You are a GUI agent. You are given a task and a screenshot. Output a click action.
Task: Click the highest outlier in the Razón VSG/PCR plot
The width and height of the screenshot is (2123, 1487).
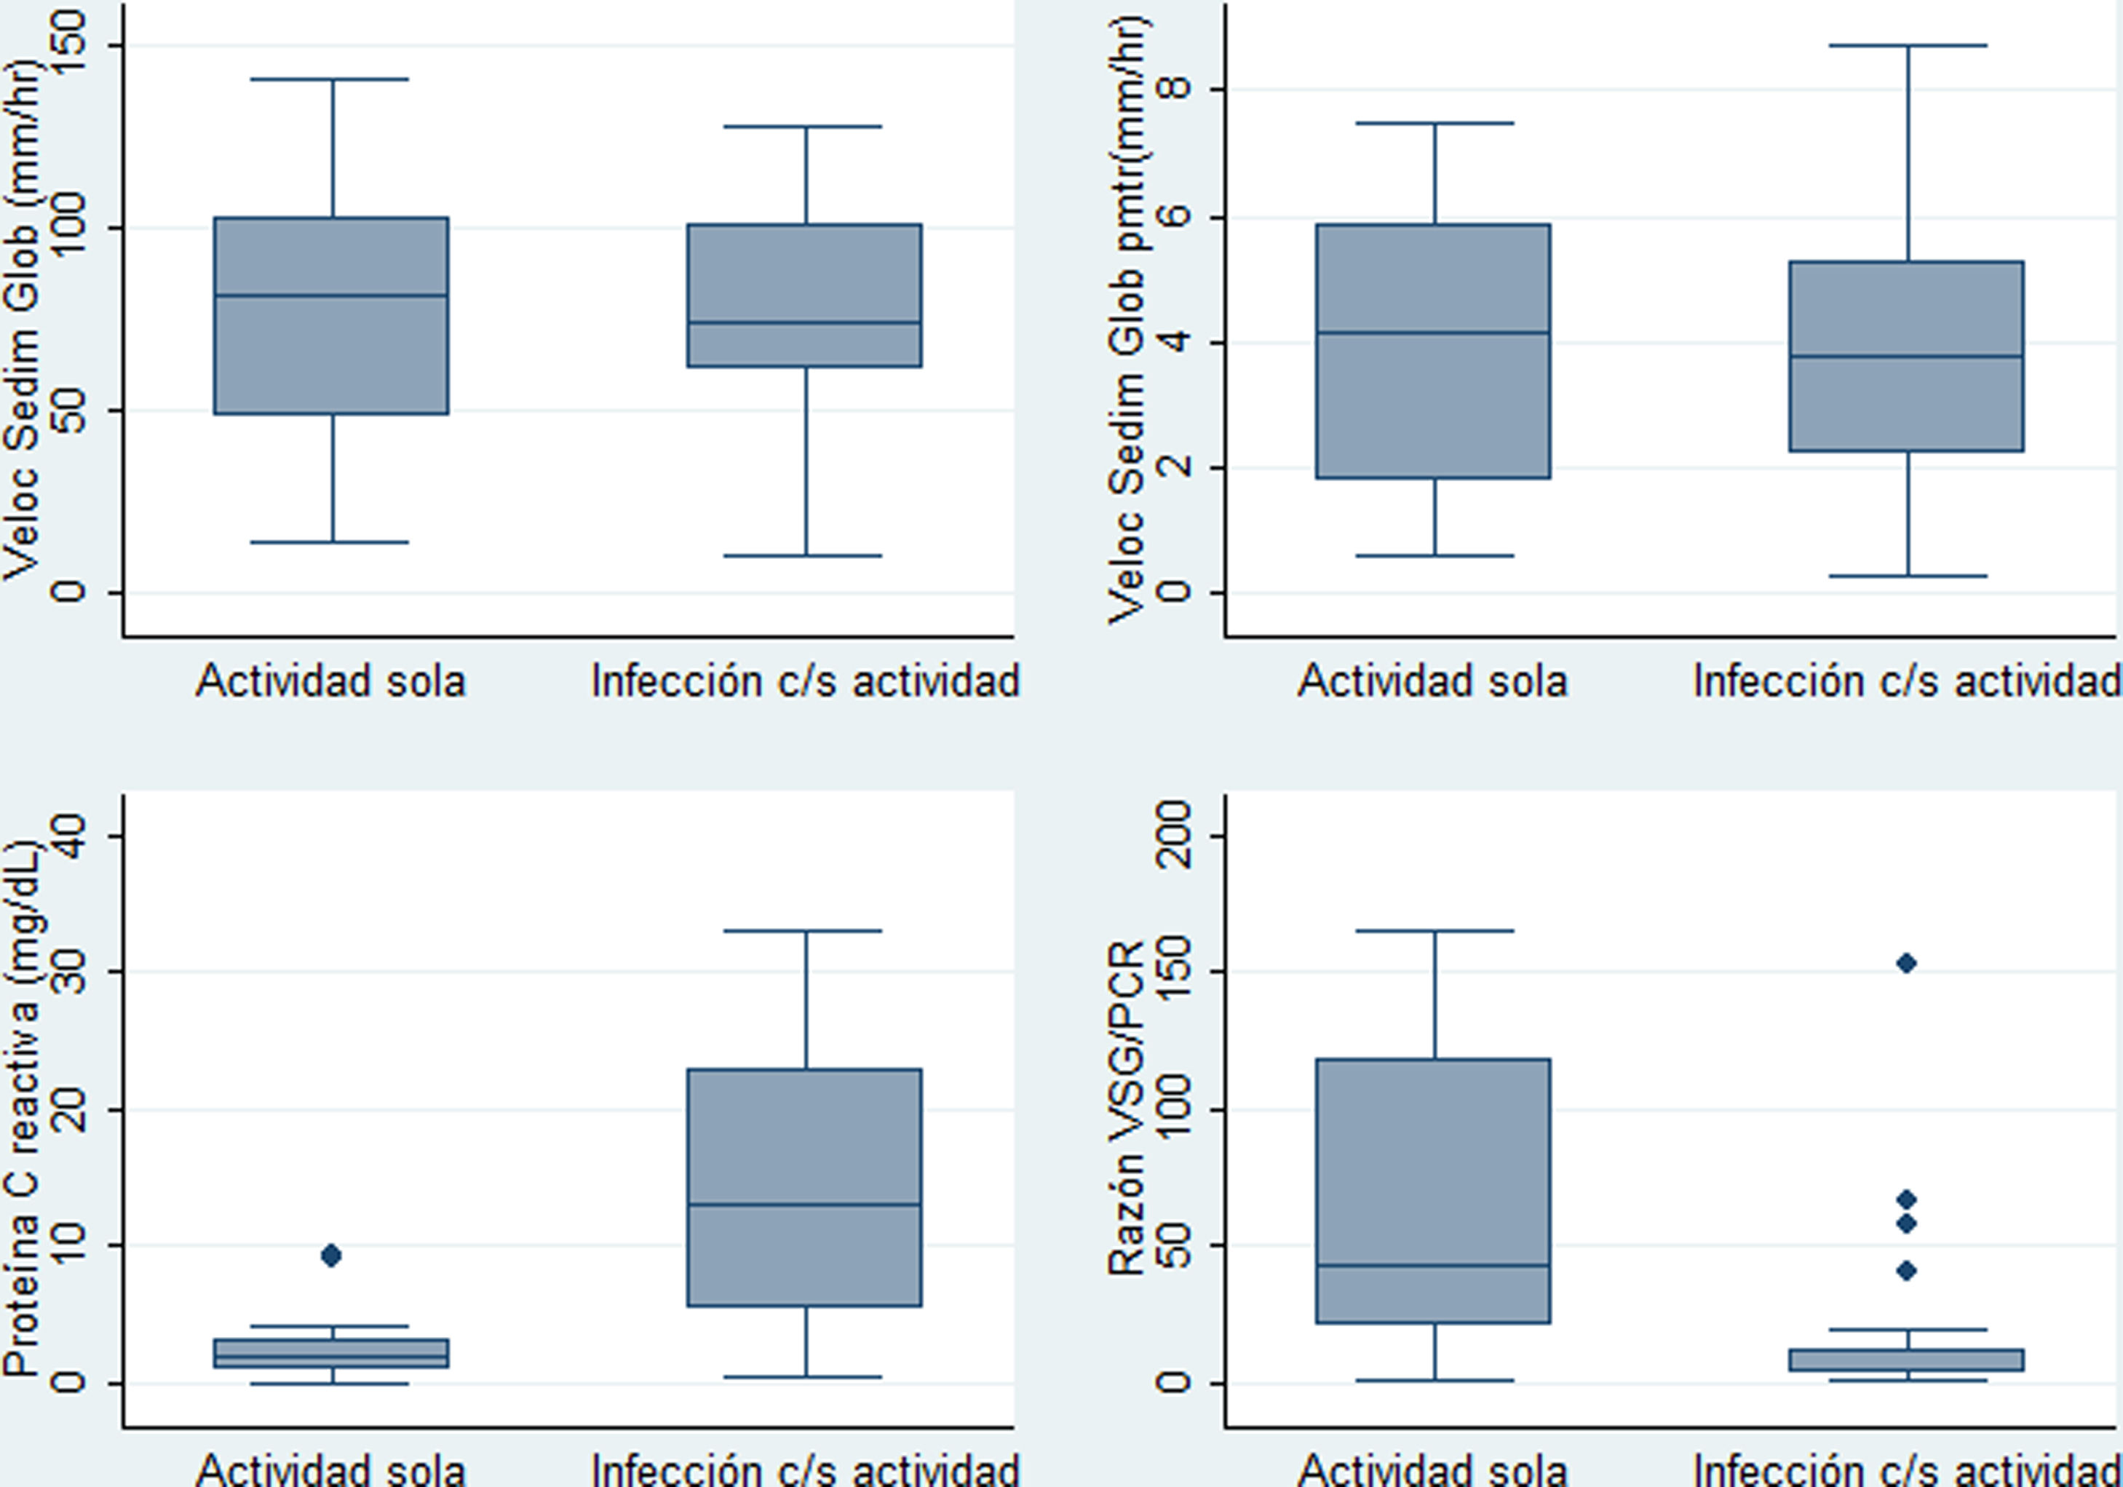pos(1905,964)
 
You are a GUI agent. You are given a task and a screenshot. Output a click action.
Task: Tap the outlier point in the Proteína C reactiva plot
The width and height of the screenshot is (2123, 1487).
pos(331,1255)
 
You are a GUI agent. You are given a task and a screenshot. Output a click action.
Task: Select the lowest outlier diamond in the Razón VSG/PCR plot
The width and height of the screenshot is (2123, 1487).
pos(1905,1271)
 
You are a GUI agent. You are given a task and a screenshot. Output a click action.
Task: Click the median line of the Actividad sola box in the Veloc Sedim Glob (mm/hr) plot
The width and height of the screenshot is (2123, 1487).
pos(331,296)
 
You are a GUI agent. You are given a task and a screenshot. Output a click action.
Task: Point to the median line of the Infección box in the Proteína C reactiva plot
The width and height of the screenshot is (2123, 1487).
pos(804,1204)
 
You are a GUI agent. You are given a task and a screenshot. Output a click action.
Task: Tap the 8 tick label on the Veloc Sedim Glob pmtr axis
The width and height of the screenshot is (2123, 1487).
pos(1172,89)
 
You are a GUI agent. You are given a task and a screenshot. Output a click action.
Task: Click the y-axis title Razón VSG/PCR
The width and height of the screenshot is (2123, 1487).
pos(1126,1110)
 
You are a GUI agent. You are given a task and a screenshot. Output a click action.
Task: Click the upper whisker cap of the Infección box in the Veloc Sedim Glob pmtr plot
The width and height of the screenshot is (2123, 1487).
pos(1908,45)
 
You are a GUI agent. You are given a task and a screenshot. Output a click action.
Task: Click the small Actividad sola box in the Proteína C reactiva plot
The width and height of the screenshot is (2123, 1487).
pos(331,1353)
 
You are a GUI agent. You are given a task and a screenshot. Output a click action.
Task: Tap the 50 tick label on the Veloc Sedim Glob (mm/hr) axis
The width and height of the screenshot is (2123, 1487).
pos(69,411)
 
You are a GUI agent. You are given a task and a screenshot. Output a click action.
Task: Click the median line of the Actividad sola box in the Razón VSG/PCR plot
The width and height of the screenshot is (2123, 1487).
pos(1433,1265)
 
